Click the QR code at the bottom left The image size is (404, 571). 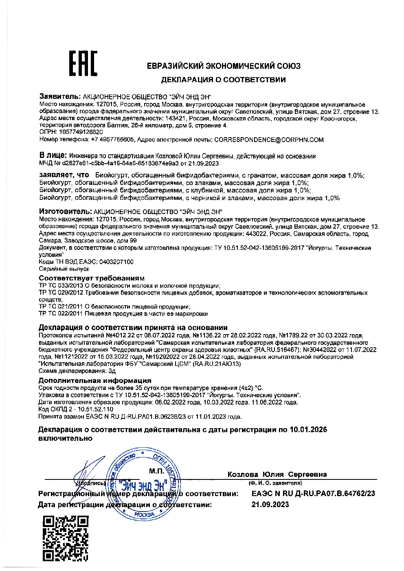coord(66,538)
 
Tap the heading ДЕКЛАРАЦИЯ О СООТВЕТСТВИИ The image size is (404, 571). coord(223,80)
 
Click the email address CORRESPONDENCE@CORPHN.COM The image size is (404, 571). coord(269,140)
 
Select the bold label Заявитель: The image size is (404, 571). coord(60,96)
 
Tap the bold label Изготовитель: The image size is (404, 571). coord(65,212)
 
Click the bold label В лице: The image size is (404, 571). coord(53,155)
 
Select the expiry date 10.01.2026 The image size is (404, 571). coord(308,430)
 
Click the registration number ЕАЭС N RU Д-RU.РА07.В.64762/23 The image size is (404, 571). coord(313,494)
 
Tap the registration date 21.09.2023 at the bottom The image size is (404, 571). coord(270,505)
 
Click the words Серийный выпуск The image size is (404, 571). coord(64,269)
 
